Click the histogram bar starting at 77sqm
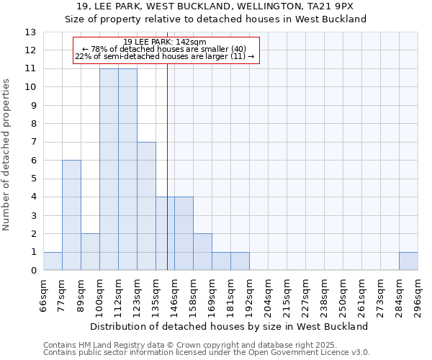(x=71, y=215)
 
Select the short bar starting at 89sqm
(x=90, y=252)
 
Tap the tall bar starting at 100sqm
(x=109, y=169)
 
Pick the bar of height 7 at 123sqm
(x=146, y=206)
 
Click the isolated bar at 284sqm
(x=408, y=261)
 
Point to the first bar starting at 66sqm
(x=53, y=261)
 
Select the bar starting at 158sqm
(x=202, y=252)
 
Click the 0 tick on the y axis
(x=33, y=271)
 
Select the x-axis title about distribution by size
(x=230, y=326)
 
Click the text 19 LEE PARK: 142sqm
(x=165, y=42)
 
